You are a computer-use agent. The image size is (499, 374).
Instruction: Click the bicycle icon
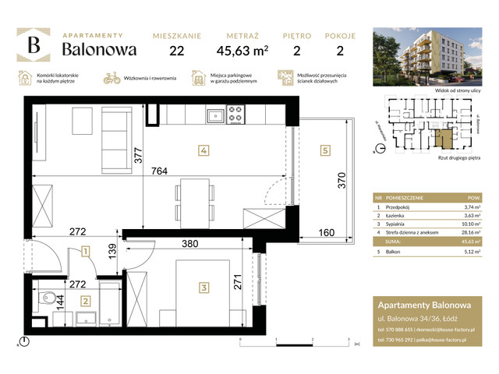pyautogui.click(x=111, y=79)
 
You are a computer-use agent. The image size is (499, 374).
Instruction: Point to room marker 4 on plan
pyautogui.click(x=202, y=150)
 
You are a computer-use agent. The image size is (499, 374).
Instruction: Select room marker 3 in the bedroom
pyautogui.click(x=203, y=288)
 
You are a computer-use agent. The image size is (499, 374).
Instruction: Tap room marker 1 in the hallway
pyautogui.click(x=84, y=251)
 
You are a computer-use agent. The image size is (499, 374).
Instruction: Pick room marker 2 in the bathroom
pyautogui.click(x=86, y=300)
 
